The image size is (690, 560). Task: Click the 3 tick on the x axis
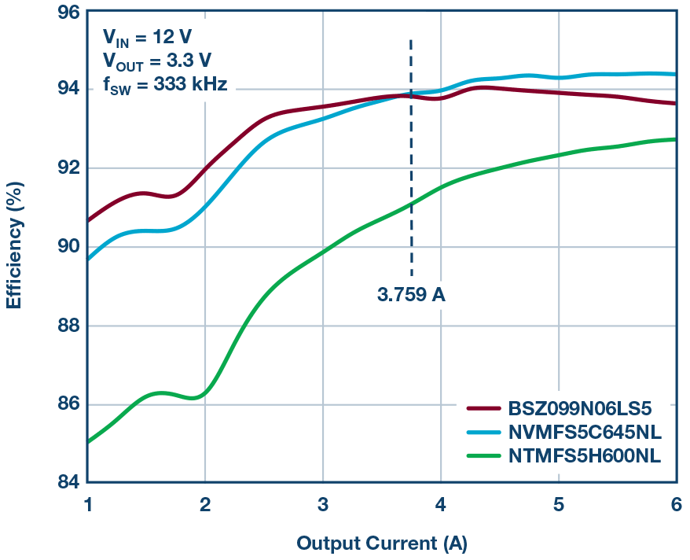click(323, 503)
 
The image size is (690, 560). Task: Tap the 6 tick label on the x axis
click(676, 503)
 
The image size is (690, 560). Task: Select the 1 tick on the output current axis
click(88, 503)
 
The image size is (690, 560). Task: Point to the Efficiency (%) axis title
click(14, 247)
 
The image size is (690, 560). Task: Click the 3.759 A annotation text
click(411, 296)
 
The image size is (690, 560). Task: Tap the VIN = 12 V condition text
click(148, 36)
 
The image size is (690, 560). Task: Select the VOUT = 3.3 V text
click(156, 61)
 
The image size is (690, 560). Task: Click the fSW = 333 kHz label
click(165, 85)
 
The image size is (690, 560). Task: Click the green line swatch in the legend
click(483, 455)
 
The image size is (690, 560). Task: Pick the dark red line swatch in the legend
click(483, 409)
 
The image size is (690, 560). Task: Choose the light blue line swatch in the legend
click(483, 432)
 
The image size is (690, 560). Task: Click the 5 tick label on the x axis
click(558, 503)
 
